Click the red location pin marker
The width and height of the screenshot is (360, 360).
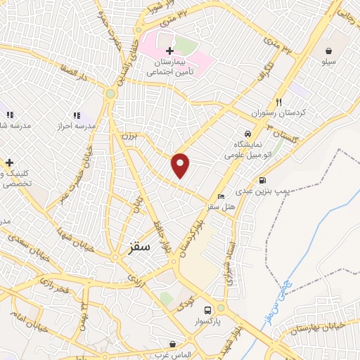click(x=181, y=165)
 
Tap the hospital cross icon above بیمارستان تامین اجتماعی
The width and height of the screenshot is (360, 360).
click(x=169, y=51)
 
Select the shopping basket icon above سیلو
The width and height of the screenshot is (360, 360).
click(x=328, y=51)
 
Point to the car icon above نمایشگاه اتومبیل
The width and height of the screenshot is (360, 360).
click(x=247, y=134)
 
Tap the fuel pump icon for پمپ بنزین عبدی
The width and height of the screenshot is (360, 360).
click(x=263, y=179)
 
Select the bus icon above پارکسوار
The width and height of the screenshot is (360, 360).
click(x=207, y=309)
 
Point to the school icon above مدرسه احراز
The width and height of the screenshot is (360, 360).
click(x=77, y=115)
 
